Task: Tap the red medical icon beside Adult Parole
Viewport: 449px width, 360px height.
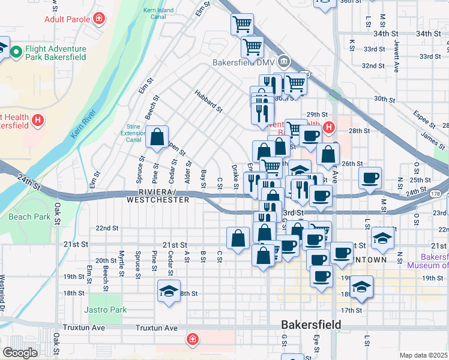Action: pos(98,19)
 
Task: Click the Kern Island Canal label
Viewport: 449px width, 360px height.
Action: pos(158,14)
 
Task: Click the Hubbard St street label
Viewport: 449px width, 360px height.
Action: pos(208,101)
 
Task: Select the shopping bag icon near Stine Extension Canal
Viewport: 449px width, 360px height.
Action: pos(157,137)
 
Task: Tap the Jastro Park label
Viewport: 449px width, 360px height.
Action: pos(106,310)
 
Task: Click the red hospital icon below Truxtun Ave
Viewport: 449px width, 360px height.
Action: pos(192,340)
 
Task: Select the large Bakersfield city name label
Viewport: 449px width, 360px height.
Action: pos(312,325)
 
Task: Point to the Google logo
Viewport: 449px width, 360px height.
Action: pos(20,353)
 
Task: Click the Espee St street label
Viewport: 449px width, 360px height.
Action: pos(424,120)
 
